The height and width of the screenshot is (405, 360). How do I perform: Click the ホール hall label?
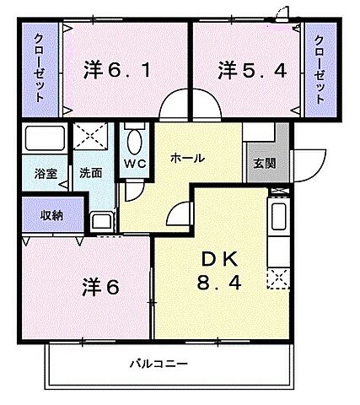coord(186,157)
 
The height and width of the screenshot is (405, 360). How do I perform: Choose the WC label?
coord(135,163)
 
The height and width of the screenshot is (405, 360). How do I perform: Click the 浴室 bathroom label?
coord(46,172)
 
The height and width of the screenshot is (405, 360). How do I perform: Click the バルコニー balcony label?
coord(159,364)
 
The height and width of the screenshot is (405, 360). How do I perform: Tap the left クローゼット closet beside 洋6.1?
coord(39,71)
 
